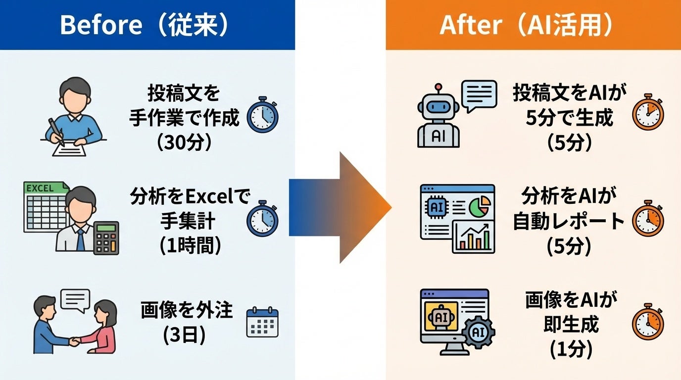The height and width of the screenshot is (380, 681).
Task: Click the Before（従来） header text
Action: [144, 25]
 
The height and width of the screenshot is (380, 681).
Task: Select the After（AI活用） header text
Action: [526, 25]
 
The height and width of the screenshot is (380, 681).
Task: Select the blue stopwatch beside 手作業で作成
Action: [262, 117]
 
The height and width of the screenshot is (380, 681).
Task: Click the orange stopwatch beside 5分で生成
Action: [648, 114]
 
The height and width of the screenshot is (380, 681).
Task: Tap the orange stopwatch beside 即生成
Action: [648, 322]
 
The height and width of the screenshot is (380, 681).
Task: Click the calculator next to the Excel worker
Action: [106, 238]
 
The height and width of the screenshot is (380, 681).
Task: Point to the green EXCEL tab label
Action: [42, 188]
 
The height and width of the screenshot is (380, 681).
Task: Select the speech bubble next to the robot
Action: [479, 94]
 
